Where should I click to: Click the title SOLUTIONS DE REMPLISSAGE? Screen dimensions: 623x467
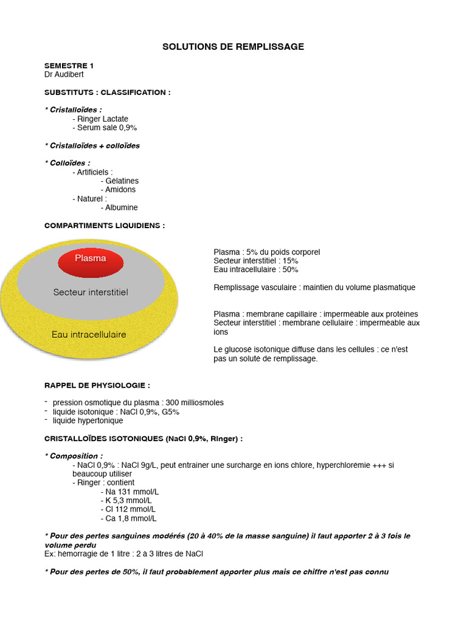coord(233,47)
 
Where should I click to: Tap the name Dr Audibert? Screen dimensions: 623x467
coord(64,74)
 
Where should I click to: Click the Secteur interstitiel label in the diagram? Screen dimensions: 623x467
coord(91,292)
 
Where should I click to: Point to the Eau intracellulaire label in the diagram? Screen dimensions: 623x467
coord(89,335)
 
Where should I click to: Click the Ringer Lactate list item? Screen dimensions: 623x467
coord(102,119)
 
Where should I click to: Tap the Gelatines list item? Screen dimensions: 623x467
coord(121,181)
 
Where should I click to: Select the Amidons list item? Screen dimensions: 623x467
coord(120,190)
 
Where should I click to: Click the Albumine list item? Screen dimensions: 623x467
coord(121,207)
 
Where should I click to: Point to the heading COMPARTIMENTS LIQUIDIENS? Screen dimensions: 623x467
coord(105,226)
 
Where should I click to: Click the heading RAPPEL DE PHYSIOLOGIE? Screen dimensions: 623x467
coord(97,385)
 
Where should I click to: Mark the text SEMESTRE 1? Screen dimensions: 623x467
coord(69,65)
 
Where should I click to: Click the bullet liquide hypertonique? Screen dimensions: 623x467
coord(88,420)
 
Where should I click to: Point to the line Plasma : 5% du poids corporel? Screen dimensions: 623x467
coord(266,252)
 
